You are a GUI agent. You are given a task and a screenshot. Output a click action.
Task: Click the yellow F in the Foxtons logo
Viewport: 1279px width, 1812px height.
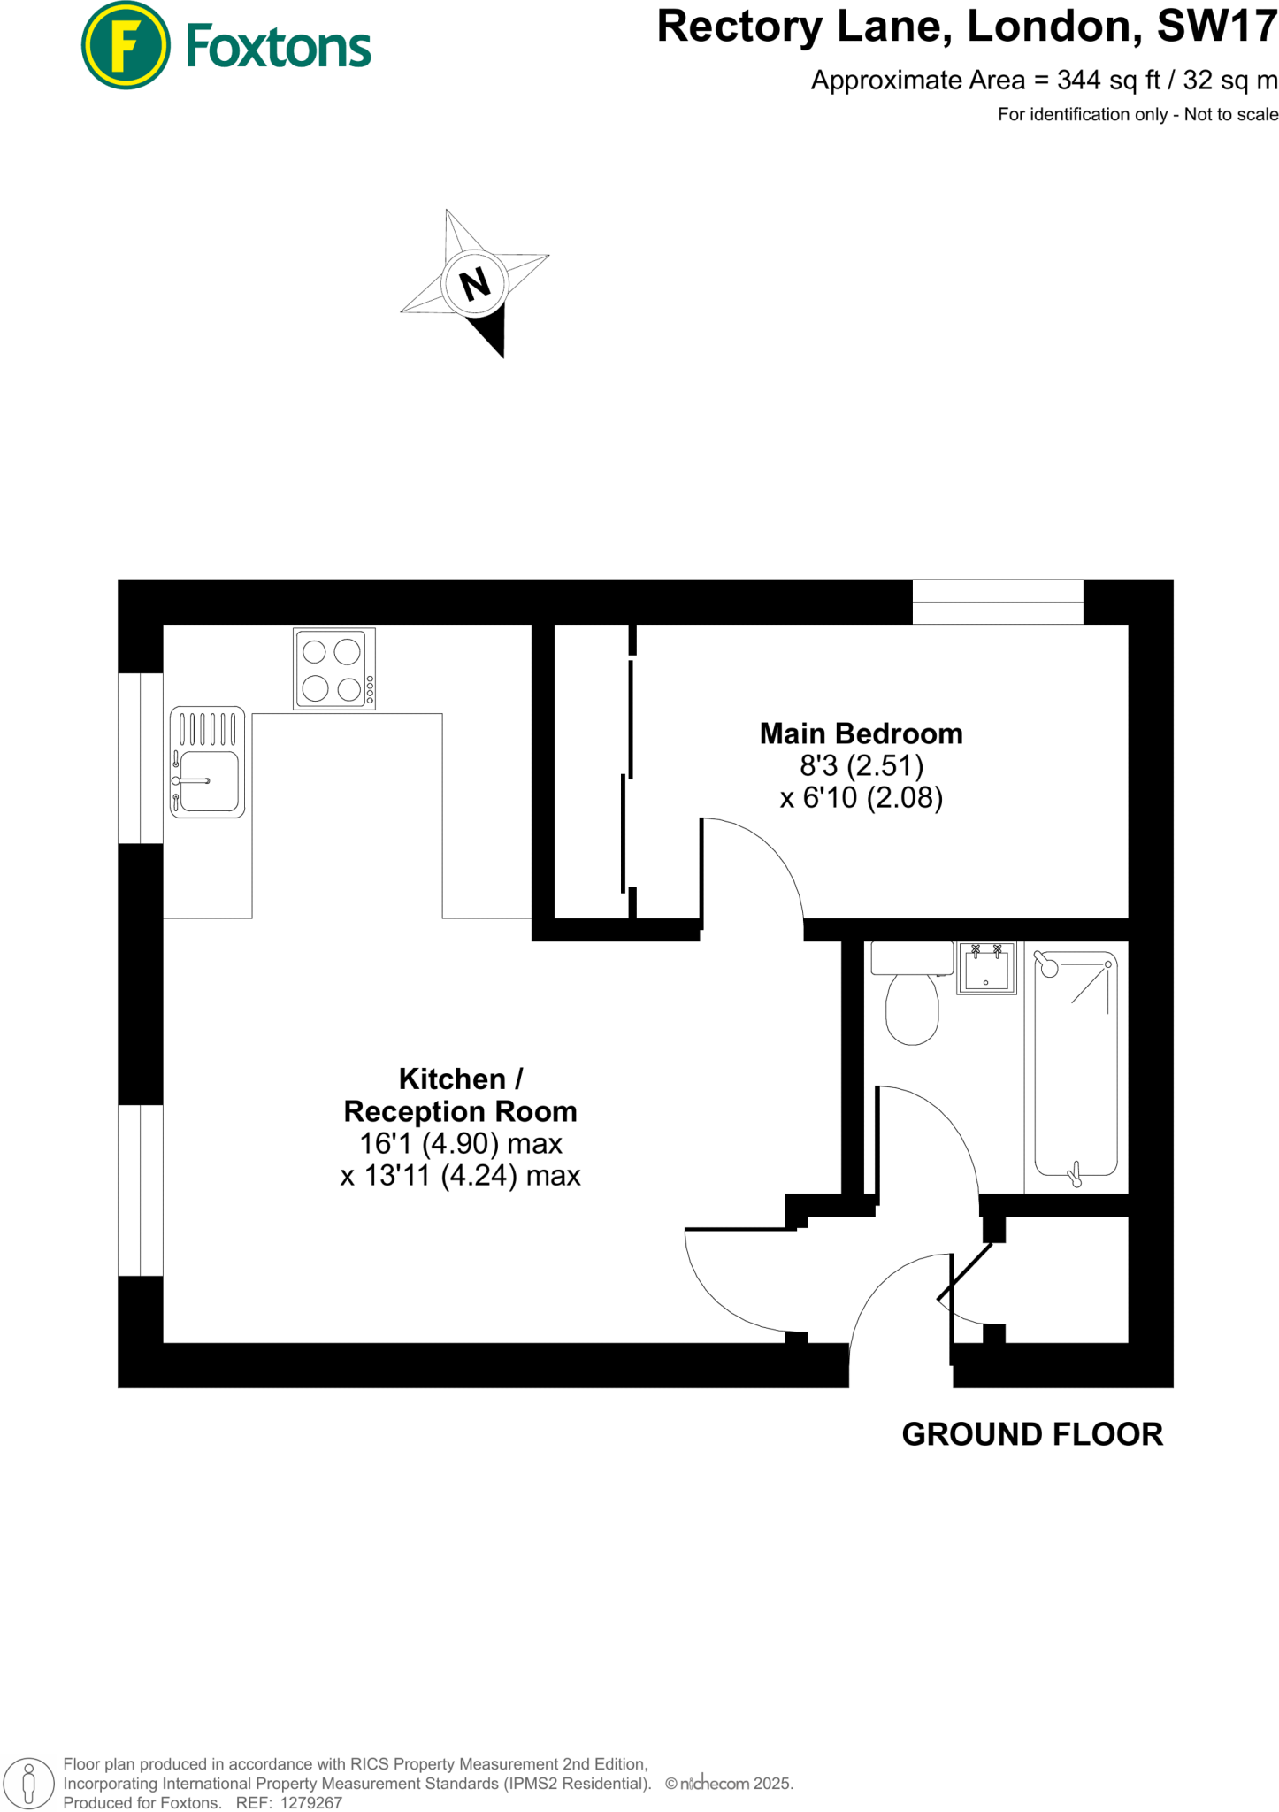click(126, 46)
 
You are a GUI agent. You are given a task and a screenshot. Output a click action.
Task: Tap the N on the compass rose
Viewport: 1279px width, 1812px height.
click(475, 284)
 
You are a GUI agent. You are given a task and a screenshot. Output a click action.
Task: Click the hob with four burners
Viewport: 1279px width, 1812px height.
click(334, 669)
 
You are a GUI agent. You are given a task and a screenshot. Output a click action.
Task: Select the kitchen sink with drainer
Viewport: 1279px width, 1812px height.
click(207, 762)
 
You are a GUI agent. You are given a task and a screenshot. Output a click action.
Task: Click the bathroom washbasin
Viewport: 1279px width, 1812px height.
click(986, 968)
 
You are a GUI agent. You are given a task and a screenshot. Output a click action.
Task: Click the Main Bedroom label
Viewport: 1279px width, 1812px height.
click(861, 733)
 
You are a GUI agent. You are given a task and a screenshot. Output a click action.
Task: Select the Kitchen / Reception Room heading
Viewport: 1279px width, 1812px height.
click(460, 1095)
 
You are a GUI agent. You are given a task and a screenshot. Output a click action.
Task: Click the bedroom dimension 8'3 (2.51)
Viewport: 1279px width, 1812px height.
click(861, 765)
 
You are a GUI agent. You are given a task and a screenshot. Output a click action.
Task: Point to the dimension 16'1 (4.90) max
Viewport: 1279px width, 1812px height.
click(460, 1144)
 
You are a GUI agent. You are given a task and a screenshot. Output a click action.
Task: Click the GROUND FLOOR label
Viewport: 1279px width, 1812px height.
click(1031, 1434)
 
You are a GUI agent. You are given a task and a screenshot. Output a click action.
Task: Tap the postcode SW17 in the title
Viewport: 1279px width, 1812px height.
click(1217, 27)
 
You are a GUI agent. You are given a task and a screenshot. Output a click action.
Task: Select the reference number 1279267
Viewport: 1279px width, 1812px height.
click(310, 1802)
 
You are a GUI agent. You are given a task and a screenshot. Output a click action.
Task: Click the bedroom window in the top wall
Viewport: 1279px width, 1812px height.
click(997, 602)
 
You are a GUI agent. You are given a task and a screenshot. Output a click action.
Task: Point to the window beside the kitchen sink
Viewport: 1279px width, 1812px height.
click(141, 757)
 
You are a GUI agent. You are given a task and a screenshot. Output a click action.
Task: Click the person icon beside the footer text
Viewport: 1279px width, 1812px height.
click(28, 1784)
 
